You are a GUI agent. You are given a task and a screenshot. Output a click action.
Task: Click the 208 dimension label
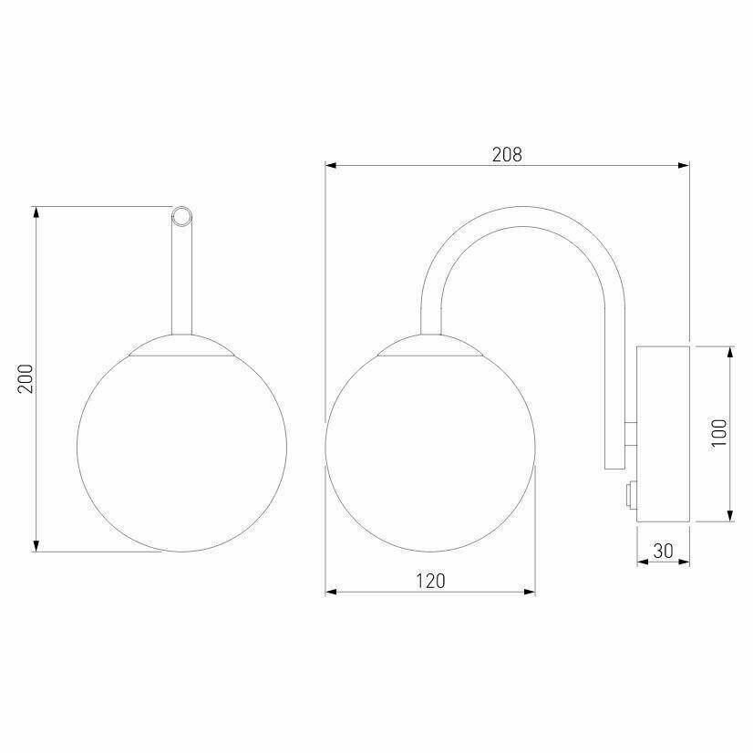pos(507,155)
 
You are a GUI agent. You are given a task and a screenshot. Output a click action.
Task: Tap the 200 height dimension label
pos(26,379)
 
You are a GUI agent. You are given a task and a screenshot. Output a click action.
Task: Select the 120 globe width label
pos(430,581)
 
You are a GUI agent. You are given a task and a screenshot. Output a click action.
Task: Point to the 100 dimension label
pos(719,433)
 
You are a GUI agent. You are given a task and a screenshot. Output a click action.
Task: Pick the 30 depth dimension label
pos(663,551)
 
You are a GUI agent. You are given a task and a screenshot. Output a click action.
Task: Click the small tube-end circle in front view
pos(181,217)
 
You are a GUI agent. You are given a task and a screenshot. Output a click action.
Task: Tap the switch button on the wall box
pos(632,495)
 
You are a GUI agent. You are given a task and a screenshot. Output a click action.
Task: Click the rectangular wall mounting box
pos(663,434)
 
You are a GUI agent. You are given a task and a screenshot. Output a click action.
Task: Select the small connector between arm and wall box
pos(631,434)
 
